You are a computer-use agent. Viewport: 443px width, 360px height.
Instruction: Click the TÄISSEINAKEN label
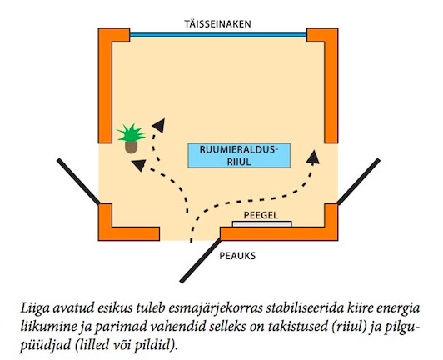tap(217, 24)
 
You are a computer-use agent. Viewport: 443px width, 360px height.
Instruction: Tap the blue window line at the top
tap(218, 35)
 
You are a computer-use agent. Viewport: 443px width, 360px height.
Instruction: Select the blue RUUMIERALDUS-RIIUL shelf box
tap(239, 156)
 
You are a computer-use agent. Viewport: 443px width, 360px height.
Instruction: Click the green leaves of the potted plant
tap(131, 132)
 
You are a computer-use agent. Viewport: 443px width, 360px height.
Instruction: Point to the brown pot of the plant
tap(131, 147)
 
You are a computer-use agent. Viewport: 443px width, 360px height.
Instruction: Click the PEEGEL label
tap(261, 215)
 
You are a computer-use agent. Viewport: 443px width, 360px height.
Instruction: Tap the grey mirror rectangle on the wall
tap(262, 224)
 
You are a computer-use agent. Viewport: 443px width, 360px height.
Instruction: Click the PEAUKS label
tap(237, 256)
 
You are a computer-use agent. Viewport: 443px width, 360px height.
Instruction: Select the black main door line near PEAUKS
tap(201, 260)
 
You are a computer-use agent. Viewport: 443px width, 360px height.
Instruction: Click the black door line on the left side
tap(78, 182)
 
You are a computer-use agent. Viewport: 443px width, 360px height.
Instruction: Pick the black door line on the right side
tap(359, 182)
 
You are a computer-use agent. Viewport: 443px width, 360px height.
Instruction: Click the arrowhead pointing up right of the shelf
tap(313, 157)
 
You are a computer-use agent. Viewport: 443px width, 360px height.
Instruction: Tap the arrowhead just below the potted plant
tap(139, 165)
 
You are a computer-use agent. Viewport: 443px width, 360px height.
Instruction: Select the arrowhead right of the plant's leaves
tap(159, 125)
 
